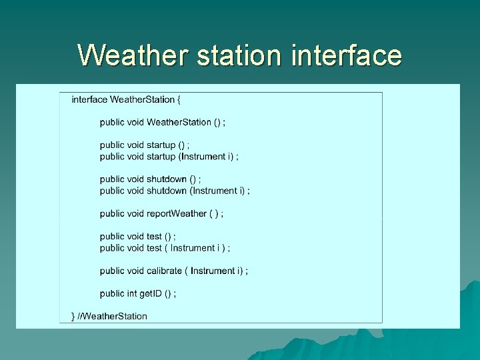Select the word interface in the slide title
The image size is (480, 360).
(347, 55)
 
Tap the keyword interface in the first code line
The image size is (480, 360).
(89, 99)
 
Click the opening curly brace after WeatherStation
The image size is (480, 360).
(179, 99)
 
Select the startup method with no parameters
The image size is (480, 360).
(161, 145)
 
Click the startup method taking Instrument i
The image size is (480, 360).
(161, 156)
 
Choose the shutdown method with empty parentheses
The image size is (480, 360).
(167, 179)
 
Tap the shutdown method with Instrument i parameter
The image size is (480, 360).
(167, 190)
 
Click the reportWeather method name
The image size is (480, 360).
(176, 213)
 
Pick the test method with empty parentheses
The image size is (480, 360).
(154, 236)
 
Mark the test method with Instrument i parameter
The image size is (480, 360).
(154, 247)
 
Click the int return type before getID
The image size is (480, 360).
(131, 293)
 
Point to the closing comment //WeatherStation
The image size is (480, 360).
(113, 316)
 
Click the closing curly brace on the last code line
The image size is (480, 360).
(73, 316)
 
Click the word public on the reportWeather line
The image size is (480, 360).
(112, 213)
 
